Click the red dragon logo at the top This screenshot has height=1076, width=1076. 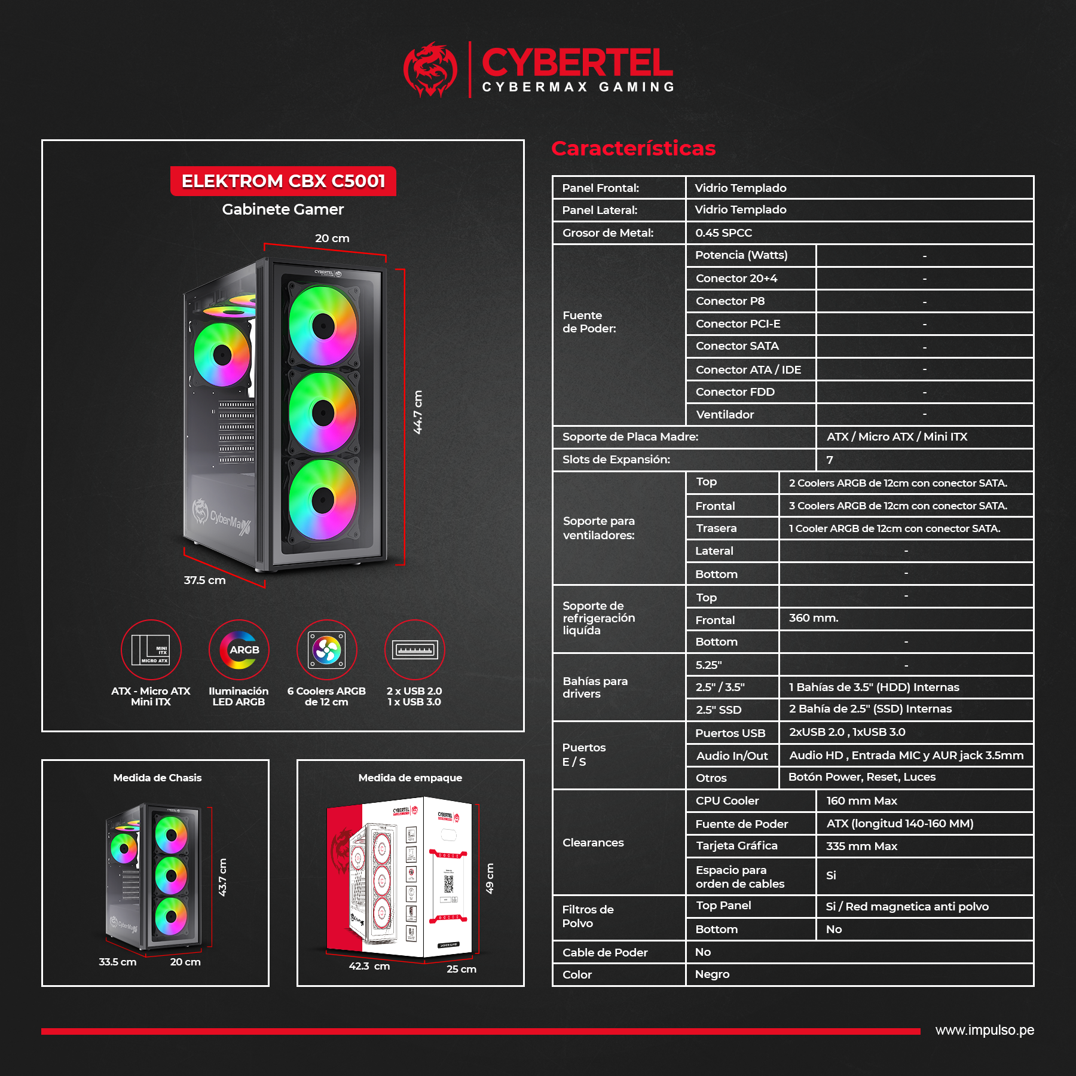point(430,69)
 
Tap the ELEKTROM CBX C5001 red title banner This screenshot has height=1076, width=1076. point(283,181)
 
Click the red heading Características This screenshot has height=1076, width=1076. point(633,148)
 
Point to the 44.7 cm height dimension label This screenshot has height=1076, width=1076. point(418,412)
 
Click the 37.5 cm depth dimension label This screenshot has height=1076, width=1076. point(204,580)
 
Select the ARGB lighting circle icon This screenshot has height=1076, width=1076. point(239,650)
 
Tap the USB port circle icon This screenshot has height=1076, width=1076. point(415,650)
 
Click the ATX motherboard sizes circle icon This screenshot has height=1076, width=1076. point(151,650)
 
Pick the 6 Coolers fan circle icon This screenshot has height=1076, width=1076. point(327,650)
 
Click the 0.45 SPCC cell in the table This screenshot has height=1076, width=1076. point(723,233)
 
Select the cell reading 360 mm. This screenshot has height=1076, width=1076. point(814,618)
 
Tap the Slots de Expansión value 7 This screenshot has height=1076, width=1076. point(830,460)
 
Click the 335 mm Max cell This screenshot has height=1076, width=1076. point(861,846)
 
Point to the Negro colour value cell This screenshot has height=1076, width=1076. point(712,974)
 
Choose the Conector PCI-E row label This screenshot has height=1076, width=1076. point(738,323)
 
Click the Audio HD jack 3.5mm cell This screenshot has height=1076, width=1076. point(906,755)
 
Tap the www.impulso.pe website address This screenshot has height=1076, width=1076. point(985,1030)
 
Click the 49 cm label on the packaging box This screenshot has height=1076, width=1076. point(490,878)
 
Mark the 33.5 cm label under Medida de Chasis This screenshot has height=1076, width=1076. point(118,962)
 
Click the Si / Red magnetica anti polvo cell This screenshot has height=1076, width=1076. point(907,906)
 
